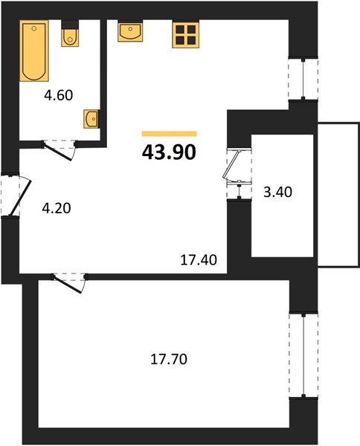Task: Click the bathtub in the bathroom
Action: click(x=34, y=51)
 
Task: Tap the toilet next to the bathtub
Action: click(x=70, y=37)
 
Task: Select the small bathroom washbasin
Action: click(x=91, y=119)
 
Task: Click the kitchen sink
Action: click(x=130, y=30)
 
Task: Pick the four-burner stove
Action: click(x=185, y=34)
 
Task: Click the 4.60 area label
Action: click(x=59, y=95)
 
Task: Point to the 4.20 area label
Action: click(x=57, y=208)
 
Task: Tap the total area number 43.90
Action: click(x=169, y=152)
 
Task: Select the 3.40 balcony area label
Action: click(x=277, y=192)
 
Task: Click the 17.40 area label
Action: click(x=199, y=259)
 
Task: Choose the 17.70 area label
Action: click(x=169, y=359)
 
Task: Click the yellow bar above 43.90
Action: click(x=170, y=134)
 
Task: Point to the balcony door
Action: click(x=237, y=174)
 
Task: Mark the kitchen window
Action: click(x=303, y=79)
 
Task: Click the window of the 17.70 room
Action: click(x=303, y=355)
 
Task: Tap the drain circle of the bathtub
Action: click(x=34, y=28)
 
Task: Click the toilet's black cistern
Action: click(x=70, y=25)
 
